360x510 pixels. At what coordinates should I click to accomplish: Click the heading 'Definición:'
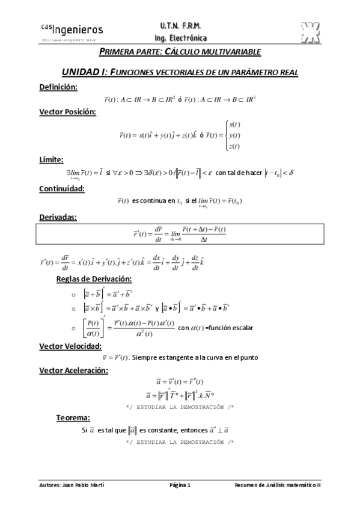tap(58, 87)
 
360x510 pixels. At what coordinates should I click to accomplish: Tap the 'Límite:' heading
tap(52, 159)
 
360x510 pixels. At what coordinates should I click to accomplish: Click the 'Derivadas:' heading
tap(58, 217)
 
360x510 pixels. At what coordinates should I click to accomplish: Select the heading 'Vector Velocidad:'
tap(70, 346)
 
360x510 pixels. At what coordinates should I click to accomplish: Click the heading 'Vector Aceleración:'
tap(73, 370)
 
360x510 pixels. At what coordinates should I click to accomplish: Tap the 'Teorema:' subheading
tap(73, 417)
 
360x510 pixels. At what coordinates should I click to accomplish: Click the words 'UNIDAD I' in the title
tap(84, 72)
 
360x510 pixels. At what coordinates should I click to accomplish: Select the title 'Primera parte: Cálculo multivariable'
tap(180, 52)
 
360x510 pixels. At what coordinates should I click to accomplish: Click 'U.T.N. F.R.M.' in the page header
tap(180, 26)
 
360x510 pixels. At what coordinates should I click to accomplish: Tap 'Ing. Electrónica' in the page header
tap(180, 36)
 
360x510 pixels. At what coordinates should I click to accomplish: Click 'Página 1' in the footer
tap(180, 485)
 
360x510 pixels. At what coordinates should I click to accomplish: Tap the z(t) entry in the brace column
tap(234, 146)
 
